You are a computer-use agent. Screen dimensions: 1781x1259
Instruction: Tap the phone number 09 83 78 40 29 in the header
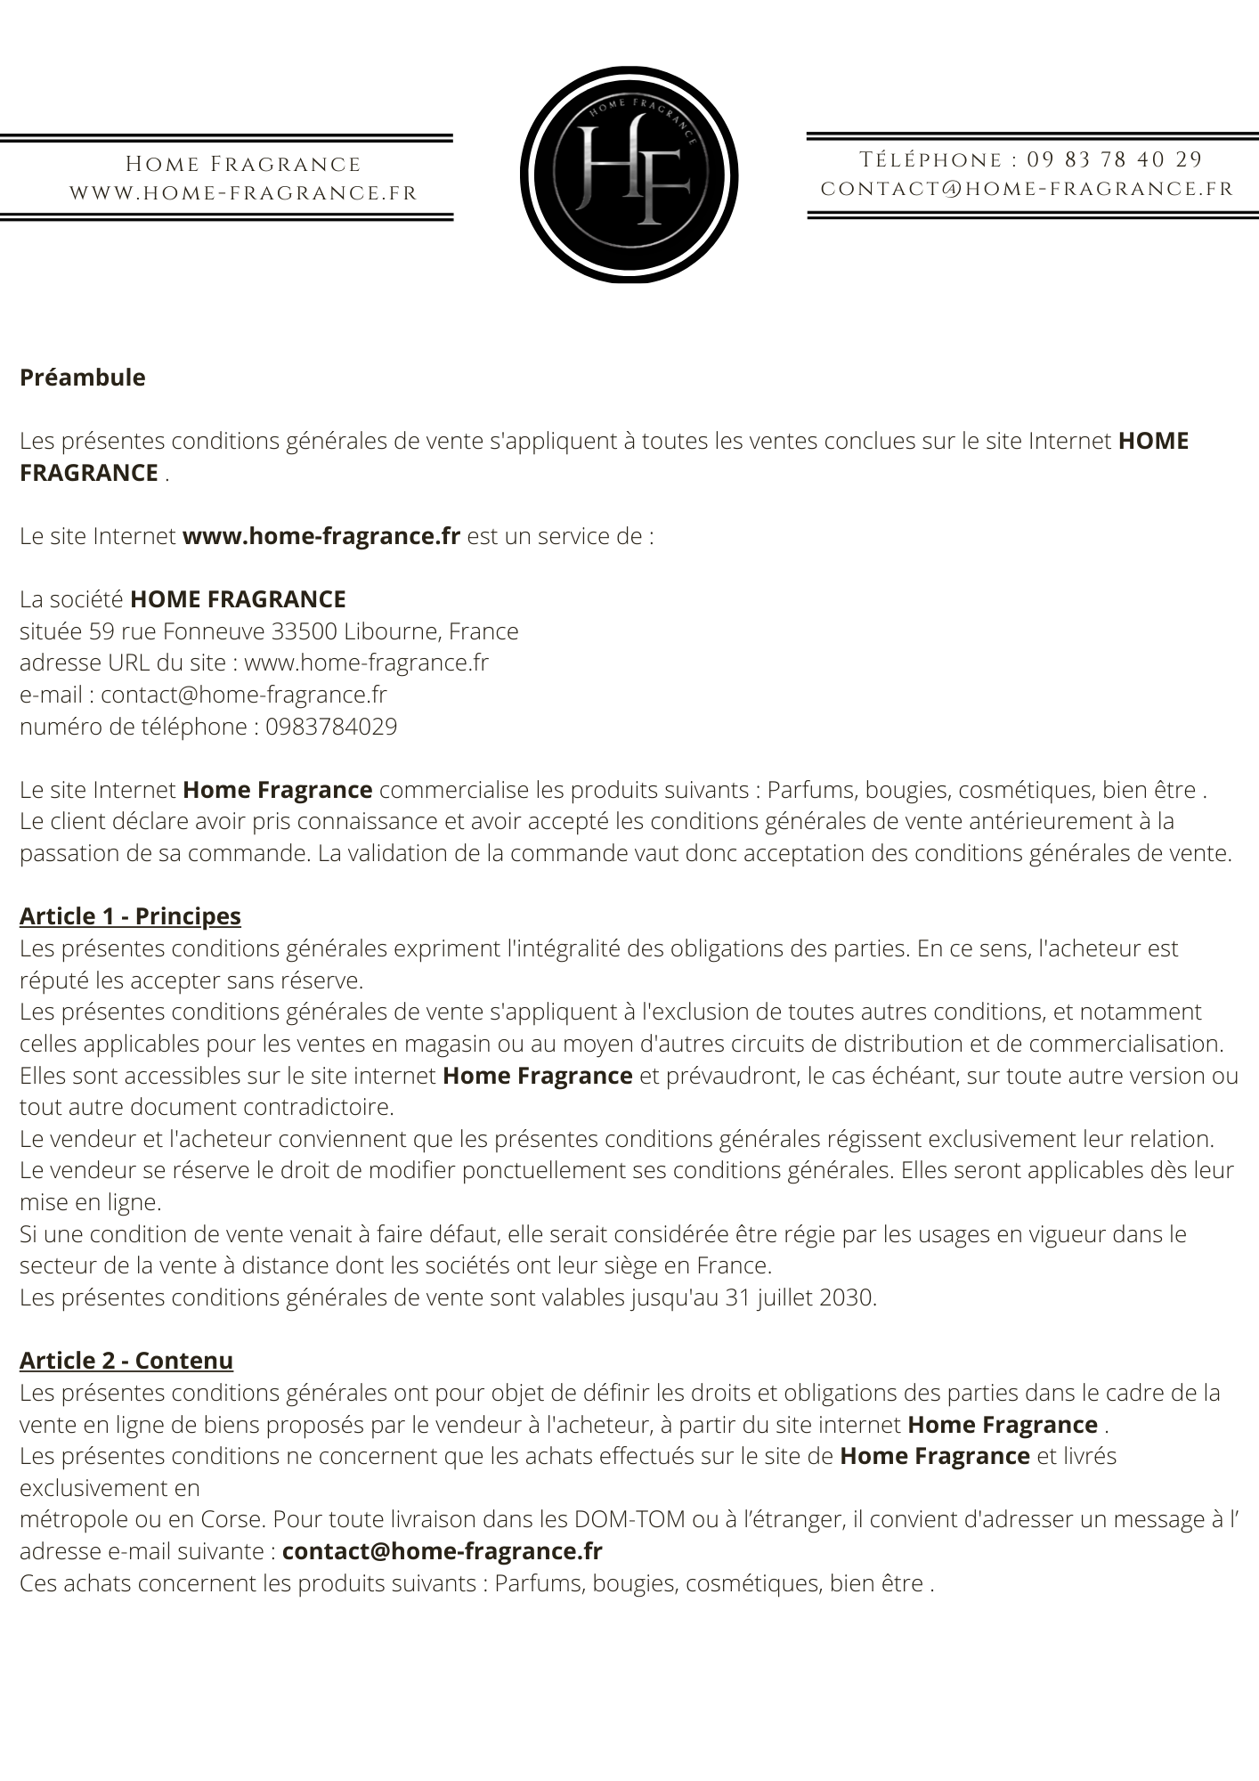[1114, 160]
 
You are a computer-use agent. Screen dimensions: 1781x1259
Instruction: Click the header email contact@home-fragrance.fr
[1027, 189]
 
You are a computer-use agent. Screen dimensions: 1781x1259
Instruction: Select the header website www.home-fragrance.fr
[243, 193]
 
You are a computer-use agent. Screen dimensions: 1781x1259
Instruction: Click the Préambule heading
[82, 378]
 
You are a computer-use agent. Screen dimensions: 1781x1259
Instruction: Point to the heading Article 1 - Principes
[130, 916]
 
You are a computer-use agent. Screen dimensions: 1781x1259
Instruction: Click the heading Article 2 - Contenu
[126, 1361]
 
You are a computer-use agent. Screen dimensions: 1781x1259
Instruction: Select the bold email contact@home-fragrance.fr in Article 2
[442, 1551]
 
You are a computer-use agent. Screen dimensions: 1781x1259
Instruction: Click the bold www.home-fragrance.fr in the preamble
[321, 536]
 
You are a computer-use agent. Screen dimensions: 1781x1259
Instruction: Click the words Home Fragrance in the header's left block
[243, 165]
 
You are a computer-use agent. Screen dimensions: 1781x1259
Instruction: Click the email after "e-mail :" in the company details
[243, 695]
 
